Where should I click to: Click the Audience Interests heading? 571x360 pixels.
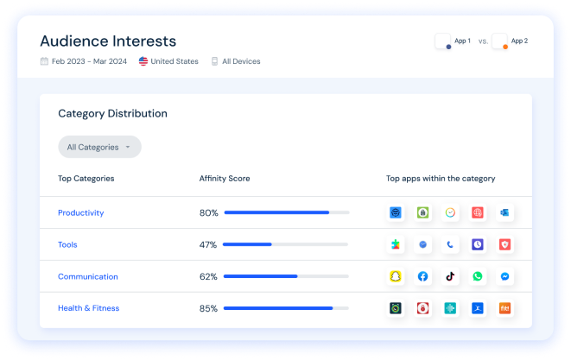108,41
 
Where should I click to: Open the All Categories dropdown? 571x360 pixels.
99,147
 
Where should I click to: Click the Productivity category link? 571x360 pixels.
81,212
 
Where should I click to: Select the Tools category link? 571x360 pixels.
67,244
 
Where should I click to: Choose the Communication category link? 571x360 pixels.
88,276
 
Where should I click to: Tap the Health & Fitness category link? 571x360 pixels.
89,308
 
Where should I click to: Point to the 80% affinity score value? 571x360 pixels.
208,212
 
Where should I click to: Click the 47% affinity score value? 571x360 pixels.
208,244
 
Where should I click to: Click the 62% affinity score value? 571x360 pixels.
208,276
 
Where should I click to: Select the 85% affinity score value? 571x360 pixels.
208,308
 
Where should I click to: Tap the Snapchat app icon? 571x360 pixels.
396,276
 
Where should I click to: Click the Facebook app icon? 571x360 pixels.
423,276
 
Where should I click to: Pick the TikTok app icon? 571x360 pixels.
450,276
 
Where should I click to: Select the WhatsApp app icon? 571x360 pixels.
478,276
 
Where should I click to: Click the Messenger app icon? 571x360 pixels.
505,276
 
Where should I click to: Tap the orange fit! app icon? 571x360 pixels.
505,308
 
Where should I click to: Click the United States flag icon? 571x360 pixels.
143,61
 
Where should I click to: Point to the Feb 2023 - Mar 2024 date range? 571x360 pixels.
88,61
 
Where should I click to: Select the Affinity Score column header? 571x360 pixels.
225,179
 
